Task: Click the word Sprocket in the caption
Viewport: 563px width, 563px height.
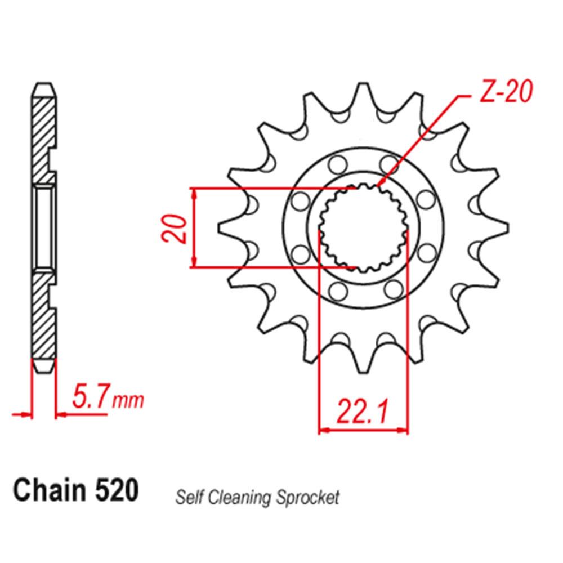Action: pyautogui.click(x=309, y=497)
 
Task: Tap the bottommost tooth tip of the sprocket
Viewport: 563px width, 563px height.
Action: pyautogui.click(x=363, y=369)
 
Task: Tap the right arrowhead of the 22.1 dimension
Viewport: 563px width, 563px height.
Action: pyautogui.click(x=404, y=431)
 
